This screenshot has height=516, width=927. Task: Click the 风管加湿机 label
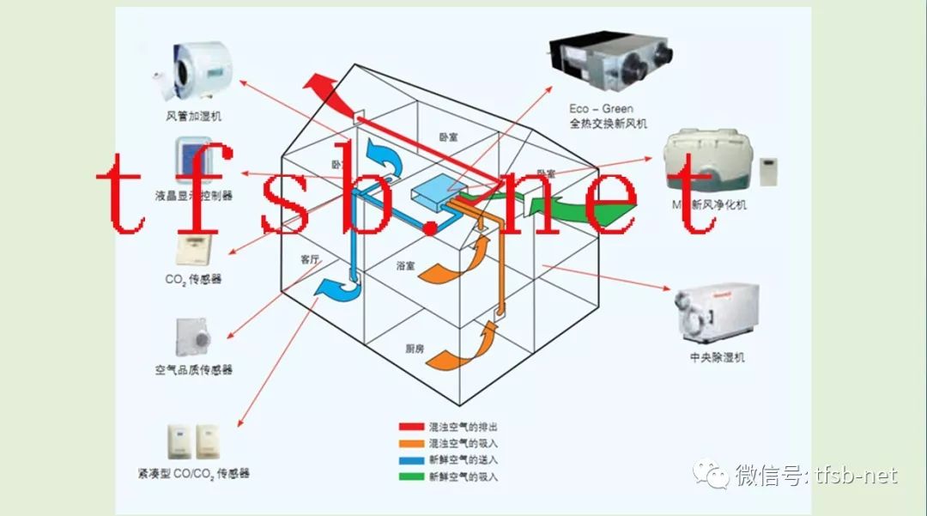(193, 116)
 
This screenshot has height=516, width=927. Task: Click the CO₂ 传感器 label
(194, 279)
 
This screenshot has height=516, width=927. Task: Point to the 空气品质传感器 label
(194, 370)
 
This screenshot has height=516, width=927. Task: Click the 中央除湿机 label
(717, 357)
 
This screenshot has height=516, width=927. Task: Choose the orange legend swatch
(411, 443)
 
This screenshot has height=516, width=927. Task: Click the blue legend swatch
(411, 459)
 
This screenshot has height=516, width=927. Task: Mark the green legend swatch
(411, 476)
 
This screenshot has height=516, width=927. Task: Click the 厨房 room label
(415, 349)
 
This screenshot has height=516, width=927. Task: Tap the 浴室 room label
(406, 266)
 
